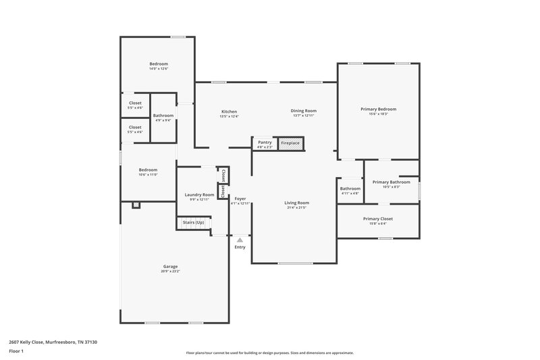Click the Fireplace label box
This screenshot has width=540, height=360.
(x=290, y=143)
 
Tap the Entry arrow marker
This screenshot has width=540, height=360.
(x=240, y=239)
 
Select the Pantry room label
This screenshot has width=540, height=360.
(x=265, y=143)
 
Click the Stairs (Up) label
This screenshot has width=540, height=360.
(x=194, y=222)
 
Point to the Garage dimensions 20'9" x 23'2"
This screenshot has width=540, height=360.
(x=171, y=271)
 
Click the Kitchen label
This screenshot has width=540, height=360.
(x=229, y=111)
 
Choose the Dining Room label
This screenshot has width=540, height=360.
(x=303, y=111)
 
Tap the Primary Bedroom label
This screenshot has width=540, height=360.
(x=377, y=109)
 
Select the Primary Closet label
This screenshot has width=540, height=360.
(x=377, y=219)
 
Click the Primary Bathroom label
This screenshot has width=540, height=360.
(x=391, y=182)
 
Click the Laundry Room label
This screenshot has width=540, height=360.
(x=199, y=195)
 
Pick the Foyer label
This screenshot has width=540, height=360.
(x=240, y=199)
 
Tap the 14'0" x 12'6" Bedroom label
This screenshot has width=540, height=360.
(x=158, y=63)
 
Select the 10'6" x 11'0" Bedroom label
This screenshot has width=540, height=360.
(x=148, y=170)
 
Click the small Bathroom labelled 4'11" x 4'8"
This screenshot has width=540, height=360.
(x=350, y=188)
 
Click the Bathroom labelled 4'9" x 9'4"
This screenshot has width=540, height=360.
(x=163, y=115)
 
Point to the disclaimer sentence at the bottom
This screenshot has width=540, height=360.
(x=269, y=353)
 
